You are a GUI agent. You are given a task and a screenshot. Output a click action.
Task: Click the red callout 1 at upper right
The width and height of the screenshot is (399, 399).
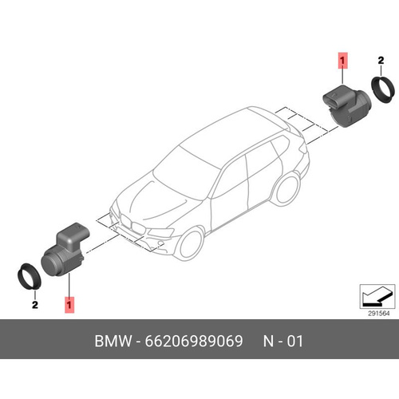342,61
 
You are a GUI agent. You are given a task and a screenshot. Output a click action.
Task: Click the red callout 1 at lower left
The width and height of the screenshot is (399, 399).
69,305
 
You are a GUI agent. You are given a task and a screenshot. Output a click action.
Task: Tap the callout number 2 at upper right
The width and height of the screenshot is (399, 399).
381,61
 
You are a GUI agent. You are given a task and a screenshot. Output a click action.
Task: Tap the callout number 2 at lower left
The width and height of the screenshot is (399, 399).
35,305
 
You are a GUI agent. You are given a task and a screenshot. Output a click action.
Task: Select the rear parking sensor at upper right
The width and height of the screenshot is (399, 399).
346,106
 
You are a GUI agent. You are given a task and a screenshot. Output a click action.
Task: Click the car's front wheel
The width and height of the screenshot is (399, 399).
190,244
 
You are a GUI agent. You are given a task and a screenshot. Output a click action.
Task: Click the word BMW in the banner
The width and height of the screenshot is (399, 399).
113,341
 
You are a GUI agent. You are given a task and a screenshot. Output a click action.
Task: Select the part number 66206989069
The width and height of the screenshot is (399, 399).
194,341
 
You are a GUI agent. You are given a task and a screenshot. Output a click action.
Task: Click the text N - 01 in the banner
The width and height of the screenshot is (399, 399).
283,341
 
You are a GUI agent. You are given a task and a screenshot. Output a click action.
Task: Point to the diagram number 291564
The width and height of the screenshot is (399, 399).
378,314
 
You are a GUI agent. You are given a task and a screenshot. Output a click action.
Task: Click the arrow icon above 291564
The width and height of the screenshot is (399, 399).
377,296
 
